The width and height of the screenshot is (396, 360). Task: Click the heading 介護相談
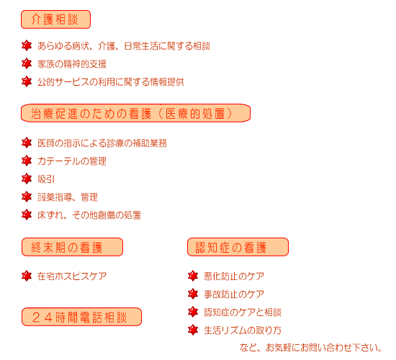(55, 19)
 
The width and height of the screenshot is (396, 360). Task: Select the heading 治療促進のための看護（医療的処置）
(135, 113)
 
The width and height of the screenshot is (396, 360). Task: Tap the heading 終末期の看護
(72, 247)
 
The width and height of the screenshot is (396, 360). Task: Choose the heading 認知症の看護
(238, 247)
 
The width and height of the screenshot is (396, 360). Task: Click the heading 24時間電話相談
(81, 317)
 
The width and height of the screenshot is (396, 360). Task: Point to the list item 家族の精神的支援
(72, 64)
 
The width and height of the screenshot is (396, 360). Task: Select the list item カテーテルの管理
(72, 161)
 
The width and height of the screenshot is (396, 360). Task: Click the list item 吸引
(46, 179)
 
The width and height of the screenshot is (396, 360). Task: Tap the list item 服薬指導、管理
(68, 197)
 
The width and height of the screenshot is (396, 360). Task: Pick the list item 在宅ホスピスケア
(72, 276)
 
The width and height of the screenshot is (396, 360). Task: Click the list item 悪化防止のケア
(234, 276)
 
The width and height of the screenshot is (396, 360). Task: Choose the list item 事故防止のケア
(234, 294)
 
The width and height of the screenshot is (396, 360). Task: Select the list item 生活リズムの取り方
(243, 330)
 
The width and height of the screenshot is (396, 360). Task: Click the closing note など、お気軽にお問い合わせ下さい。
(311, 348)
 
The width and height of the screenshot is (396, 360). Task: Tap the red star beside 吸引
(27, 179)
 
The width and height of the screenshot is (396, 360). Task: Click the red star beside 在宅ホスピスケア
(27, 276)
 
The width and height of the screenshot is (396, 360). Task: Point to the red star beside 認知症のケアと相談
(193, 312)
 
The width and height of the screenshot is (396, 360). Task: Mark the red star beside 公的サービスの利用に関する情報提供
(27, 81)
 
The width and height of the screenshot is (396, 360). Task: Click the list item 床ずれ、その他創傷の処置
(89, 215)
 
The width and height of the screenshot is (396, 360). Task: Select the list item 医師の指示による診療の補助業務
(102, 143)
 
